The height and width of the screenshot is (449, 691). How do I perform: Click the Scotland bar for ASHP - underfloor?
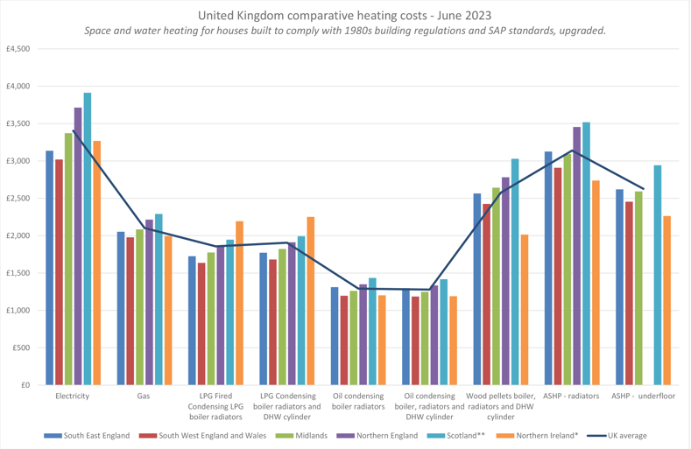click(x=658, y=275)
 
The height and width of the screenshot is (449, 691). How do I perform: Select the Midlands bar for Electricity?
click(x=68, y=259)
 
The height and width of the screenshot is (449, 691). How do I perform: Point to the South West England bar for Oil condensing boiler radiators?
click(x=344, y=340)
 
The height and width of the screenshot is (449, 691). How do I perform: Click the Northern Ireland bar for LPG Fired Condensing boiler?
click(x=240, y=303)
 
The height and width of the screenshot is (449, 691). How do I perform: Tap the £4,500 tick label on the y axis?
click(x=18, y=49)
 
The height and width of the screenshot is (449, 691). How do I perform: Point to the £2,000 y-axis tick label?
click(x=18, y=236)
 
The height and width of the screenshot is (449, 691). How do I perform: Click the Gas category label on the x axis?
click(x=143, y=396)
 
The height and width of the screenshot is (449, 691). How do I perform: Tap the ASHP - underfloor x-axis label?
click(x=643, y=396)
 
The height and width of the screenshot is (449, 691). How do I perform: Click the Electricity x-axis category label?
click(x=72, y=396)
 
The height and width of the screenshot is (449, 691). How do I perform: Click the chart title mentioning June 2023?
click(x=345, y=16)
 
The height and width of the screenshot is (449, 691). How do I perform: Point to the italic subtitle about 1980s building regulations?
click(x=345, y=31)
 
